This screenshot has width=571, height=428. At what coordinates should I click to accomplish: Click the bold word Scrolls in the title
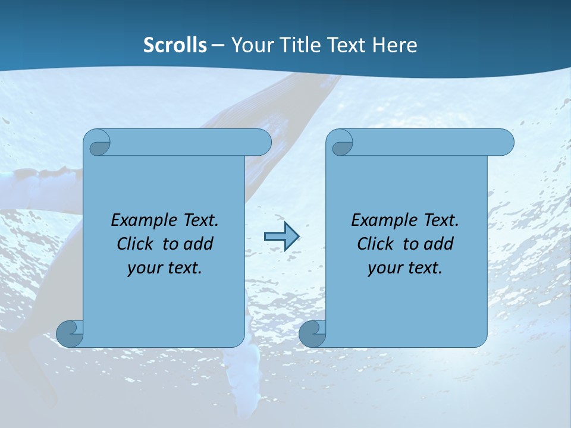[175, 45]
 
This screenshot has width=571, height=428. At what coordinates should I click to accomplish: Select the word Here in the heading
[395, 45]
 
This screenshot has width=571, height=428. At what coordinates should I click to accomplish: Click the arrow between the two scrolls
[281, 237]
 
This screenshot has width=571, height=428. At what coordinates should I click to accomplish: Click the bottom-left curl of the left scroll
[69, 333]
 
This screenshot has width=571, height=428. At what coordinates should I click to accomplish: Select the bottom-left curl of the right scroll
[311, 333]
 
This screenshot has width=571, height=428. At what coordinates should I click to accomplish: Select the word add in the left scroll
[199, 244]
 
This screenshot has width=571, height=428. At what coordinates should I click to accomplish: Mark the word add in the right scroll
[439, 244]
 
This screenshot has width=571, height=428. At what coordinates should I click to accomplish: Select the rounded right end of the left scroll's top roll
[262, 143]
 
